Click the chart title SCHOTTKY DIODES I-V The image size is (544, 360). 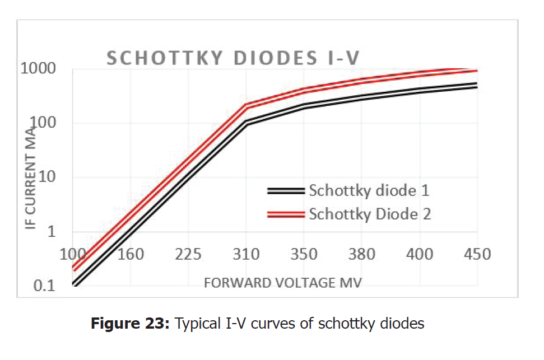233,58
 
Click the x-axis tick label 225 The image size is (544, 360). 188,255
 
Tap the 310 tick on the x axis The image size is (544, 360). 246,255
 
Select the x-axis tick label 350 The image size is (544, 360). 304,255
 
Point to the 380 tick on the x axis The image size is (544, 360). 362,255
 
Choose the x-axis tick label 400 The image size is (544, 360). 420,255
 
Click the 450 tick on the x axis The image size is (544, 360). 477,255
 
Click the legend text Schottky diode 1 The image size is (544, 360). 369,190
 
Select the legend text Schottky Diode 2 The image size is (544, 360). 370,214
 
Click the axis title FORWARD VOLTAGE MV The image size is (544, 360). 283,282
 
